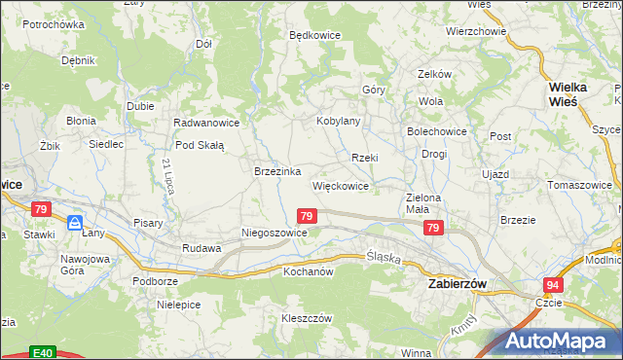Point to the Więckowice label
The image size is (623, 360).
tap(340, 185)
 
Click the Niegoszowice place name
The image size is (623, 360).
tap(275, 234)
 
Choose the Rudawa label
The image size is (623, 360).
tap(202, 248)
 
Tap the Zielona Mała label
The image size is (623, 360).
tap(424, 202)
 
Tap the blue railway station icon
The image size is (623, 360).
tap(75, 224)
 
